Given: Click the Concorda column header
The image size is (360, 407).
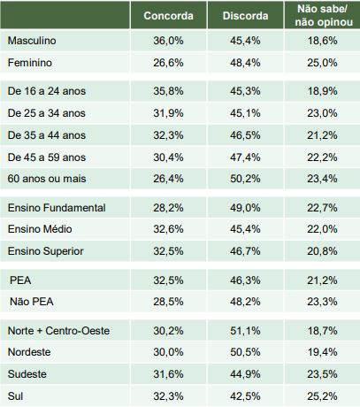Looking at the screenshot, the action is click(x=168, y=16).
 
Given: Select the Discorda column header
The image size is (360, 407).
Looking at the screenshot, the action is click(x=245, y=16).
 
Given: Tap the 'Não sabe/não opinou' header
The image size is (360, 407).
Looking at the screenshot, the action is click(x=324, y=15).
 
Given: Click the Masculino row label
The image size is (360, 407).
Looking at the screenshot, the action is click(x=32, y=41).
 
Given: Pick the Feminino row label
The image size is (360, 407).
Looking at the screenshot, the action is click(x=30, y=63).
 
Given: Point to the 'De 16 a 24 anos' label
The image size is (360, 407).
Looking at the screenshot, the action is click(x=47, y=91).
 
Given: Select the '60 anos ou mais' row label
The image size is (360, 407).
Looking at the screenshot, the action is click(x=47, y=179).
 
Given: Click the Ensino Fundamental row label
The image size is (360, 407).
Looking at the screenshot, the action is click(x=57, y=208).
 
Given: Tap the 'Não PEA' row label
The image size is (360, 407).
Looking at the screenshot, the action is click(x=32, y=302).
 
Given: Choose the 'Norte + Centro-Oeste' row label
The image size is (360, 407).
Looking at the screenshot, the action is click(x=58, y=331).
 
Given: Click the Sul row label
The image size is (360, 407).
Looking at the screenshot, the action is click(x=15, y=396).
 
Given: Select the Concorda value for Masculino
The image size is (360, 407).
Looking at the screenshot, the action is click(x=168, y=41).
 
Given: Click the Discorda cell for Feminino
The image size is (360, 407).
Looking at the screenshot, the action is click(x=245, y=63).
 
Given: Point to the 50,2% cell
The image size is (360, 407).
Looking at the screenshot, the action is click(x=245, y=179).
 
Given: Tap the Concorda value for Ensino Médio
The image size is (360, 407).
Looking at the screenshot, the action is click(x=168, y=229).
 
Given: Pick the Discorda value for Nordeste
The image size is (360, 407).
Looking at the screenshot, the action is click(x=245, y=352).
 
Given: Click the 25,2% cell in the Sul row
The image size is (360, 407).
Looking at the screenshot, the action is click(x=322, y=396).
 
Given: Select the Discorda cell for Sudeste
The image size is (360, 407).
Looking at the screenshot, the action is click(x=245, y=374).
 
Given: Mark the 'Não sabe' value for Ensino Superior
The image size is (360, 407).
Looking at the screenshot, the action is click(x=322, y=251).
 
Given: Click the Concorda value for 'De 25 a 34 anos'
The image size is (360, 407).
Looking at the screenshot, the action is click(x=168, y=113).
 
